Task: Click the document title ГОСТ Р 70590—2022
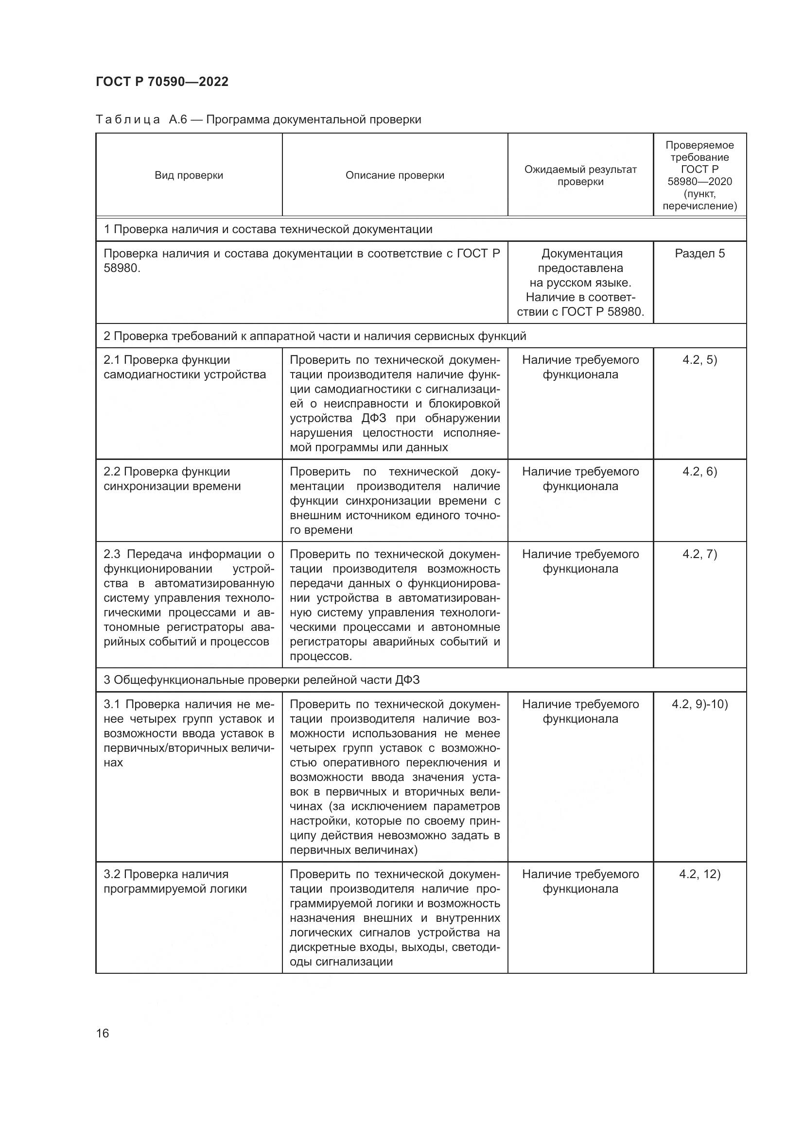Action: (x=162, y=82)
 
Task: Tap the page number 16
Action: (x=103, y=1033)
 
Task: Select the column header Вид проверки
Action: (x=189, y=175)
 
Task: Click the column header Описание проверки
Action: (x=395, y=175)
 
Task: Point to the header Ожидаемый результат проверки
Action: (x=580, y=175)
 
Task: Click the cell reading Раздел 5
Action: (x=699, y=254)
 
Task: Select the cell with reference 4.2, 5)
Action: (x=699, y=360)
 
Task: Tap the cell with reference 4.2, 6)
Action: (x=699, y=472)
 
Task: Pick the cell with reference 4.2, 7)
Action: (x=699, y=554)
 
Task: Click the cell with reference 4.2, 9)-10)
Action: (x=699, y=704)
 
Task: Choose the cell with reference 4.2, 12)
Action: (x=699, y=874)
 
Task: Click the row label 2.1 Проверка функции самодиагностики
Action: (x=184, y=367)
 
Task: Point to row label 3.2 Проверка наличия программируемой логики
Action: (x=175, y=882)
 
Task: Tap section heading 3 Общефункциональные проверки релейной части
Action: (x=262, y=680)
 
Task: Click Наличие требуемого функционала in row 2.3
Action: (x=580, y=561)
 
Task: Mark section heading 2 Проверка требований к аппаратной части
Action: (x=315, y=336)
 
